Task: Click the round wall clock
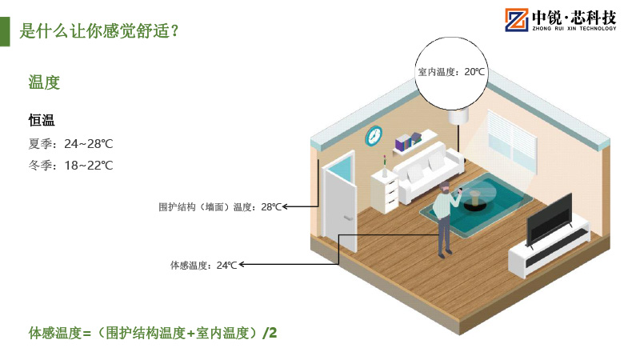374,135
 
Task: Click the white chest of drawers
385,191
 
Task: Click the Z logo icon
516,19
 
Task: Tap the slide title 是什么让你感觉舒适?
98,31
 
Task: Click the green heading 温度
44,82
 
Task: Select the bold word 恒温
42,120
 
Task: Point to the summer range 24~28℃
89,144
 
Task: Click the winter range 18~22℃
89,166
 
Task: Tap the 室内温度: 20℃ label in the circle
451,72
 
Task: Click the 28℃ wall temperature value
271,207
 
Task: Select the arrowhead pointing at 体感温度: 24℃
242,265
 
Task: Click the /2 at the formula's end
270,333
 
